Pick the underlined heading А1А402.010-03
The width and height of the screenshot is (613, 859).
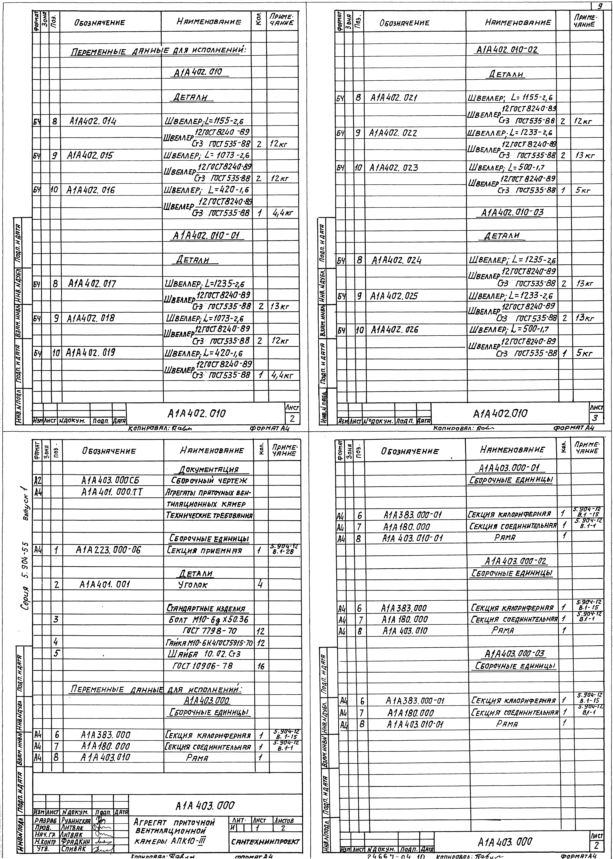pos(512,212)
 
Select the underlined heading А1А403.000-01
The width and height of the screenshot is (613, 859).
pos(510,469)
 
